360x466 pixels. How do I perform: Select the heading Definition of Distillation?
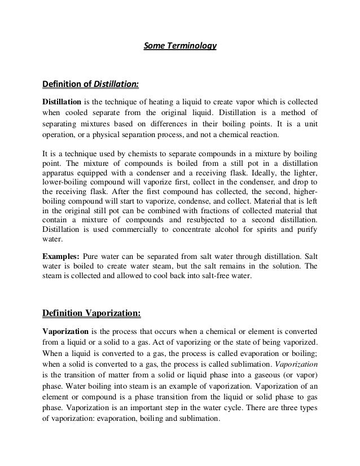coord(90,85)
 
